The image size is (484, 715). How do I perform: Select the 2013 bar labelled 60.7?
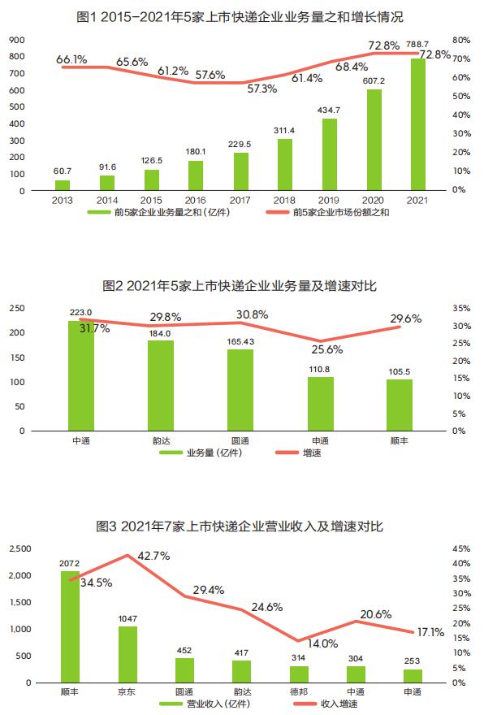point(63,184)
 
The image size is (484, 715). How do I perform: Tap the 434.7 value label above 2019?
point(329,110)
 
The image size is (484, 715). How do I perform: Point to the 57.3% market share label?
point(263,89)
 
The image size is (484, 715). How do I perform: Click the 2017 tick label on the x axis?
point(240,200)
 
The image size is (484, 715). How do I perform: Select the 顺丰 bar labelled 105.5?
point(399,405)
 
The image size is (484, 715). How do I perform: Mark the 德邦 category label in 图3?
point(299,692)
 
